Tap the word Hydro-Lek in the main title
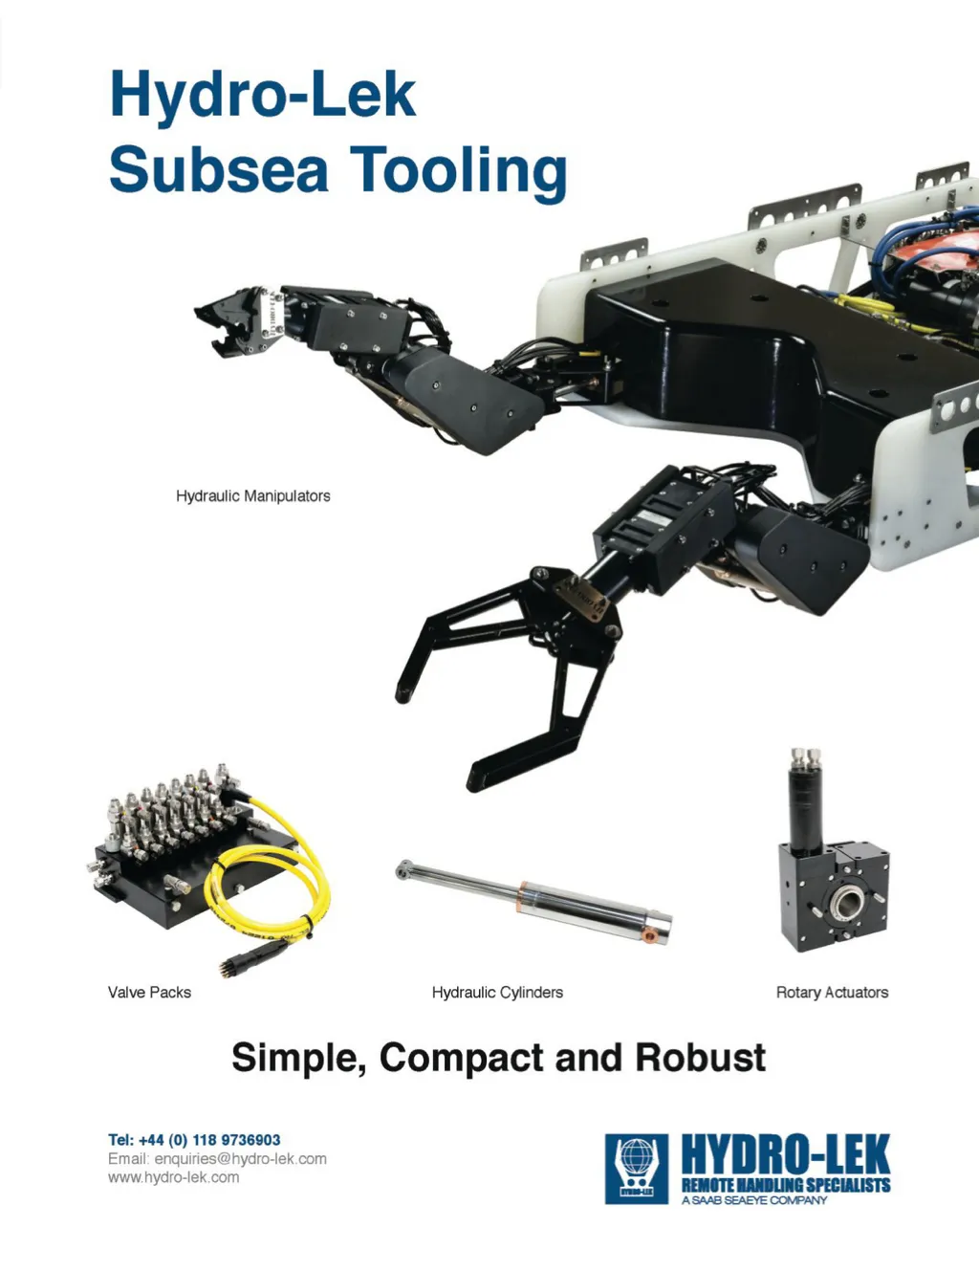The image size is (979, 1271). tap(263, 95)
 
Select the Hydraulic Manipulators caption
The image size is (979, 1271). tap(252, 495)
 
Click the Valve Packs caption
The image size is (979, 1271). tap(149, 992)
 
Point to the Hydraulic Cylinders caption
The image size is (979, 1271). tap(497, 992)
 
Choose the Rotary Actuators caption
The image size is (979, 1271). tap(832, 992)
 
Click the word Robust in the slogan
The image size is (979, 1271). tap(701, 1058)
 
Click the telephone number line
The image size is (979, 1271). tap(194, 1139)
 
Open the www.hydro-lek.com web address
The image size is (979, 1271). tap(173, 1177)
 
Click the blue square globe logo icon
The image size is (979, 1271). tap(636, 1168)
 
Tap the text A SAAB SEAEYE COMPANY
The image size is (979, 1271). tap(754, 1200)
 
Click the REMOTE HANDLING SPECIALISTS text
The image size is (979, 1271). tap(785, 1185)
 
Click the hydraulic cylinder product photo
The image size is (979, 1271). tap(535, 897)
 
